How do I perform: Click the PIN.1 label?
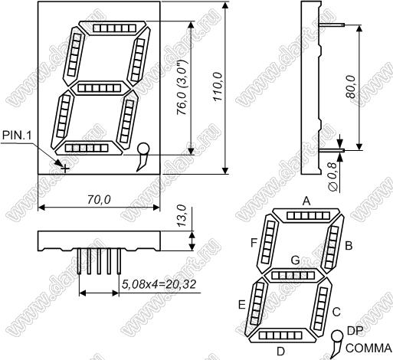[x=17, y=136]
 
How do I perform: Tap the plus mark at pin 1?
[x=65, y=169]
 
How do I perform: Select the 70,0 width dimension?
[x=99, y=200]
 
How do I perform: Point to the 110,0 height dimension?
[x=218, y=87]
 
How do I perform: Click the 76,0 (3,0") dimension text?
[x=182, y=87]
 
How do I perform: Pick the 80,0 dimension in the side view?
[x=351, y=87]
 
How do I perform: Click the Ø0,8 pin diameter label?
[x=332, y=176]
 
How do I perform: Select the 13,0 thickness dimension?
[x=182, y=215]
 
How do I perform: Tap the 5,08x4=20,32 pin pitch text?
[x=159, y=284]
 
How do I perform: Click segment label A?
[x=306, y=201]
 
